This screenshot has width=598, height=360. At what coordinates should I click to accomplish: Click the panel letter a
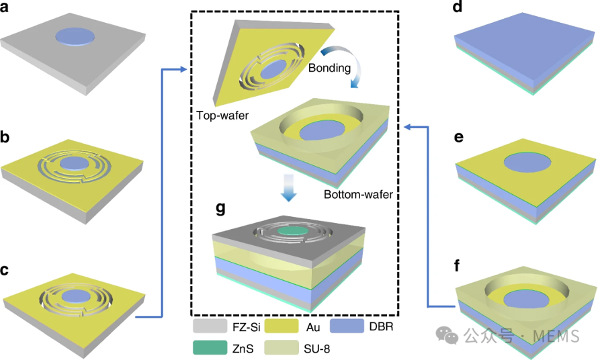pyautogui.click(x=4, y=7)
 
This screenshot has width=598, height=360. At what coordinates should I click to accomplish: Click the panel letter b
pyautogui.click(x=5, y=137)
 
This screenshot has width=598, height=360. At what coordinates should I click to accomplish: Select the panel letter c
pyautogui.click(x=5, y=270)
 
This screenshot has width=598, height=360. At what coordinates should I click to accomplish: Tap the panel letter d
pyautogui.click(x=458, y=7)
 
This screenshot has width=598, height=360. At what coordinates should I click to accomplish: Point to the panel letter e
pyautogui.click(x=459, y=137)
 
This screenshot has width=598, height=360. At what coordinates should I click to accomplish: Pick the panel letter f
pyautogui.click(x=458, y=265)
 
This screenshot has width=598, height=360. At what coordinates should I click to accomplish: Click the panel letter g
pyautogui.click(x=220, y=209)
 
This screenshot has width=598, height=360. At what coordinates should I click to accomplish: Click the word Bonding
pyautogui.click(x=329, y=68)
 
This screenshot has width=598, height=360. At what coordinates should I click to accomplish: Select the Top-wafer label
pyautogui.click(x=222, y=115)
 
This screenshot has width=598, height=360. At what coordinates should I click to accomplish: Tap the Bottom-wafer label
pyautogui.click(x=358, y=195)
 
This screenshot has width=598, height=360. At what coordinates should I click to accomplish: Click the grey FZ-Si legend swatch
pyautogui.click(x=210, y=326)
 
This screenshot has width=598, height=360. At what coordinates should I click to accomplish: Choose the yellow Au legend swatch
pyautogui.click(x=281, y=326)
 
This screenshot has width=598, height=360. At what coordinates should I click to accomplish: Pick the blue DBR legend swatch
pyautogui.click(x=347, y=326)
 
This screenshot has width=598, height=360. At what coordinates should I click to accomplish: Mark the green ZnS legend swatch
pyautogui.click(x=210, y=348)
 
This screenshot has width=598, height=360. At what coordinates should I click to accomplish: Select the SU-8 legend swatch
pyautogui.click(x=281, y=348)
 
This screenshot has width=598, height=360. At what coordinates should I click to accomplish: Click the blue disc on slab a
pyautogui.click(x=75, y=37)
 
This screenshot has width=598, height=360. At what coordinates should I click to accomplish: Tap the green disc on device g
pyautogui.click(x=293, y=231)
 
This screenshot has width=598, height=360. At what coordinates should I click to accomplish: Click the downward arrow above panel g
pyautogui.click(x=289, y=187)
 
